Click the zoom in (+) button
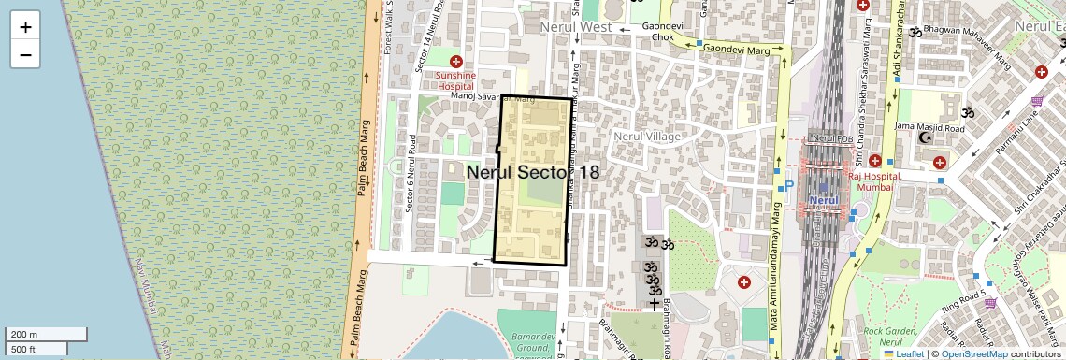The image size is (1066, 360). pyautogui.click(x=25, y=27)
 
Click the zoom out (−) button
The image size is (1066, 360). pyautogui.click(x=25, y=55)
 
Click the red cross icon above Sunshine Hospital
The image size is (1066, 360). pyautogui.click(x=456, y=61)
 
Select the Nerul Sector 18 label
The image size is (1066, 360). pyautogui.click(x=532, y=172)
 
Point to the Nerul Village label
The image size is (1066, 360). pyautogui.click(x=646, y=137)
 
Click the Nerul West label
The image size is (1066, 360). pyautogui.click(x=577, y=27)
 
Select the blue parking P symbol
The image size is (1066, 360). pyautogui.click(x=788, y=186)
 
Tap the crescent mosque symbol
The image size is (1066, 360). pyautogui.click(x=927, y=138)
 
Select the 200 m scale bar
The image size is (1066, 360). pyautogui.click(x=45, y=334)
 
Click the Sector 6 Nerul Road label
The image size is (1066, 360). pyautogui.click(x=412, y=175)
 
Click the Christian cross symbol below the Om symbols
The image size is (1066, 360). pyautogui.click(x=653, y=304)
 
